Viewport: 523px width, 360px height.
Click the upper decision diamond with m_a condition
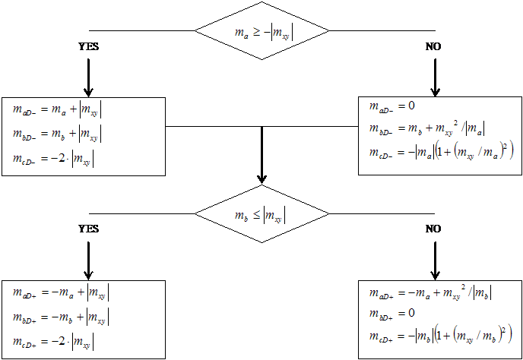[x=262, y=31]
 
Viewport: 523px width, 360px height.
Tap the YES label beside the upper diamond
[x=89, y=46]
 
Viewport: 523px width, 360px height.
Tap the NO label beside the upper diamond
[x=434, y=46]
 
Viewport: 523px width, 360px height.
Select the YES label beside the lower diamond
[x=89, y=229]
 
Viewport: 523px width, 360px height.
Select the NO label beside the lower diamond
[x=434, y=229]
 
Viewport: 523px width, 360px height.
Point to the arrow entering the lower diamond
[x=262, y=156]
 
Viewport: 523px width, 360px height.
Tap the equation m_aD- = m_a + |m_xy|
[x=57, y=110]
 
